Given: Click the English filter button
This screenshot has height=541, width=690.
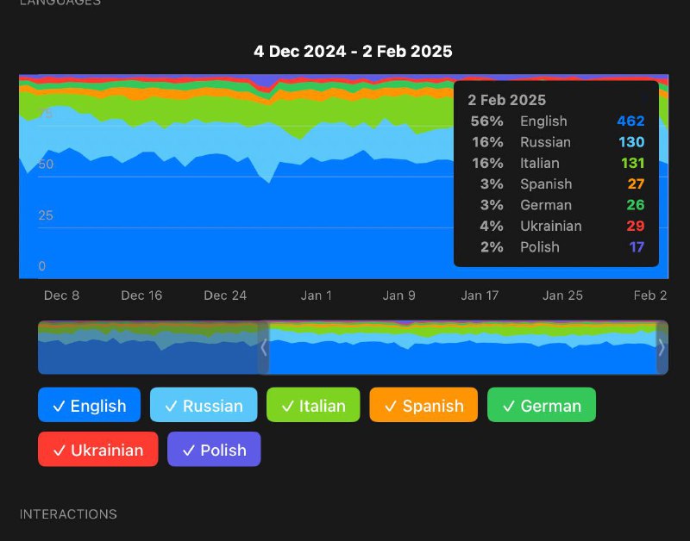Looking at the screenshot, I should pyautogui.click(x=89, y=405).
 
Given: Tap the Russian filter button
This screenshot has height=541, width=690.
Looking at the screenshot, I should pyautogui.click(x=204, y=405).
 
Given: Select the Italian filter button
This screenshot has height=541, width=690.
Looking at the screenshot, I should pyautogui.click(x=313, y=405).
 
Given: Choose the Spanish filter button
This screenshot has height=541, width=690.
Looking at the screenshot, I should pyautogui.click(x=423, y=405).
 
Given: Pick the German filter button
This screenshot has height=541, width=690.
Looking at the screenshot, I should pyautogui.click(x=541, y=405).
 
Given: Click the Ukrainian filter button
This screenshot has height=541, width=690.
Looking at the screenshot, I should pyautogui.click(x=97, y=450).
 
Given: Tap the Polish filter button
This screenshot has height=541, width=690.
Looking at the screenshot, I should pyautogui.click(x=214, y=450).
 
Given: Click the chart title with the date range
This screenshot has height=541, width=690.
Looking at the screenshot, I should pyautogui.click(x=353, y=52).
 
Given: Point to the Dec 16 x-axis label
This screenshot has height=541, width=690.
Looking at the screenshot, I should pyautogui.click(x=141, y=295).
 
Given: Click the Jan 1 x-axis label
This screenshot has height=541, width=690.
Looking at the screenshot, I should pyautogui.click(x=317, y=295).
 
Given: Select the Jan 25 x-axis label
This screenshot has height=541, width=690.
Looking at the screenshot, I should pyautogui.click(x=562, y=295).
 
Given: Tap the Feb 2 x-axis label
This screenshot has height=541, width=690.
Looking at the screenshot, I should pyautogui.click(x=650, y=295).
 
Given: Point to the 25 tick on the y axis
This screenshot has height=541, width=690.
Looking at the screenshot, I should pyautogui.click(x=46, y=215).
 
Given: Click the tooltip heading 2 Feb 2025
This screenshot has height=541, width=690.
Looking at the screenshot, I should pyautogui.click(x=507, y=101).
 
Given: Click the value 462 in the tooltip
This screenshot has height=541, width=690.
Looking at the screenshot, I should pyautogui.click(x=630, y=121).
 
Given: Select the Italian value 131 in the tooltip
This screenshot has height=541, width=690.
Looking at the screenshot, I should pyautogui.click(x=630, y=163).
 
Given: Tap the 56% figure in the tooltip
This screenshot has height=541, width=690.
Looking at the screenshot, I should pyautogui.click(x=486, y=121).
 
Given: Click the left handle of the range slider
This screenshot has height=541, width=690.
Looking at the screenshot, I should pyautogui.click(x=264, y=348).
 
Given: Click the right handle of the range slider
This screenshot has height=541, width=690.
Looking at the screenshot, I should pyautogui.click(x=662, y=348).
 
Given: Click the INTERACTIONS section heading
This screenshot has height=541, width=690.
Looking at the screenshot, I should pyautogui.click(x=68, y=514).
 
